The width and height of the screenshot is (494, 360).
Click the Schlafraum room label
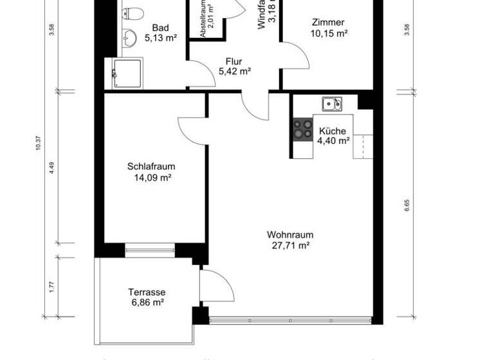click(151, 166)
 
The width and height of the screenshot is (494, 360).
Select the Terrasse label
click(147, 291)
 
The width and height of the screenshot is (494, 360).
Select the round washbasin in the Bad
click(131, 37)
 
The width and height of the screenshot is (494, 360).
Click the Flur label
click(233, 61)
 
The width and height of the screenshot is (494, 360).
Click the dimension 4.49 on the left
click(51, 168)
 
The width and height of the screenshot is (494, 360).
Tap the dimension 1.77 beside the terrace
click(51, 286)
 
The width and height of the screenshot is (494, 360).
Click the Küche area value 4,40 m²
click(333, 139)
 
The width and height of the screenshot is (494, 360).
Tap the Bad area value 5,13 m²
click(160, 38)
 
